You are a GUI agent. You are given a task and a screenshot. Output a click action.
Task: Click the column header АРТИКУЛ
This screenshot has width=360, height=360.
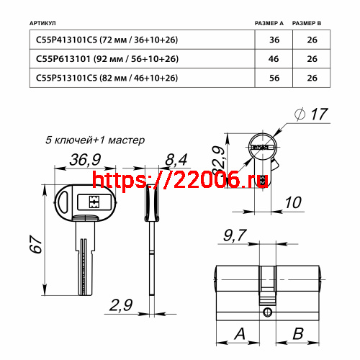click(x=45, y=24)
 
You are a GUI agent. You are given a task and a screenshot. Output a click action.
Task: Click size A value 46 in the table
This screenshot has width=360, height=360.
click(x=274, y=59)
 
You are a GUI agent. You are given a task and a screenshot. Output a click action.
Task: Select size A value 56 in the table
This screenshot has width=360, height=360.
click(x=274, y=78)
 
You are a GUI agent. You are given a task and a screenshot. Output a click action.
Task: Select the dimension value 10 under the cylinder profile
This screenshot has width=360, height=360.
click(x=292, y=203)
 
